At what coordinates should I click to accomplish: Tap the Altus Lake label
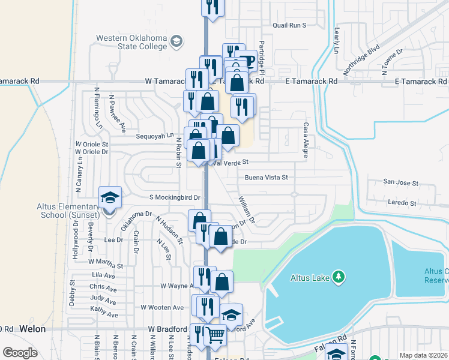coord(308,277)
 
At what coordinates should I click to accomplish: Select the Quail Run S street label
coord(289,25)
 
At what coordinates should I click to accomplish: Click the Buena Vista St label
coord(267,178)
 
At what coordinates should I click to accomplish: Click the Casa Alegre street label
coord(306,140)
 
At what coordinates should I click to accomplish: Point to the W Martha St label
coord(106,263)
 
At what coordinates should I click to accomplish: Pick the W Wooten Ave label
coord(162,307)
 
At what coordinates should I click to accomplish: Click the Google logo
coord(20,352)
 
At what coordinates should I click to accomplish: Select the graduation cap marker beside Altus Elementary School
coord(110,197)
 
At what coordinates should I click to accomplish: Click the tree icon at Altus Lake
coord(340,277)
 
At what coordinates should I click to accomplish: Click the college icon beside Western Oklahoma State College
coord(177,41)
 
